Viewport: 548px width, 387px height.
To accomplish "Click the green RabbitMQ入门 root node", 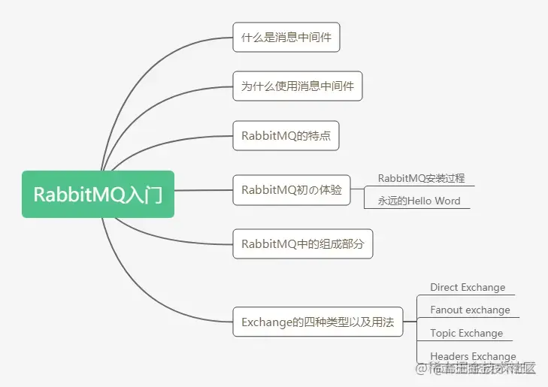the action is pos(98,195).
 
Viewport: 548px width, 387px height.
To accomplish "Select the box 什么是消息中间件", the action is pos(286,37).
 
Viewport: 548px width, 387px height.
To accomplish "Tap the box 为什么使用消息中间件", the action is pos(298,86).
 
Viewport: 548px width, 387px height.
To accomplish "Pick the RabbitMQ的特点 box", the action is pos(286,136).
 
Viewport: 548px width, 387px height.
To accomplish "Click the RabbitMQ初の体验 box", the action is pos(292,190).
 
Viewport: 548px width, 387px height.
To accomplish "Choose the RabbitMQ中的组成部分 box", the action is pos(302,244).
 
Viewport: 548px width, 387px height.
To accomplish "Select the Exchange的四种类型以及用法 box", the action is pos(317,322).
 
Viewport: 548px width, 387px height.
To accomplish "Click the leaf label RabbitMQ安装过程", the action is pos(421,179).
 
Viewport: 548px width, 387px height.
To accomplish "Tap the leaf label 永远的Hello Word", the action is pos(419,201).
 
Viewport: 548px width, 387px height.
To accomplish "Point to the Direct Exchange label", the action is pos(468,288).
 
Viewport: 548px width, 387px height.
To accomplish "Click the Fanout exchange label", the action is pos(470,310).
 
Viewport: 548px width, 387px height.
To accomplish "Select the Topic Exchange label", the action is pos(466,334).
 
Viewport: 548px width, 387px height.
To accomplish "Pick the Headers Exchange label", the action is pos(473,356).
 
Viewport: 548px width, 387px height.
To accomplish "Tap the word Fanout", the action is pos(447,310).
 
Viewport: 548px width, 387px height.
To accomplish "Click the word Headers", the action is pos(450,356).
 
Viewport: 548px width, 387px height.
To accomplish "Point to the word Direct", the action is pos(444,288).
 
